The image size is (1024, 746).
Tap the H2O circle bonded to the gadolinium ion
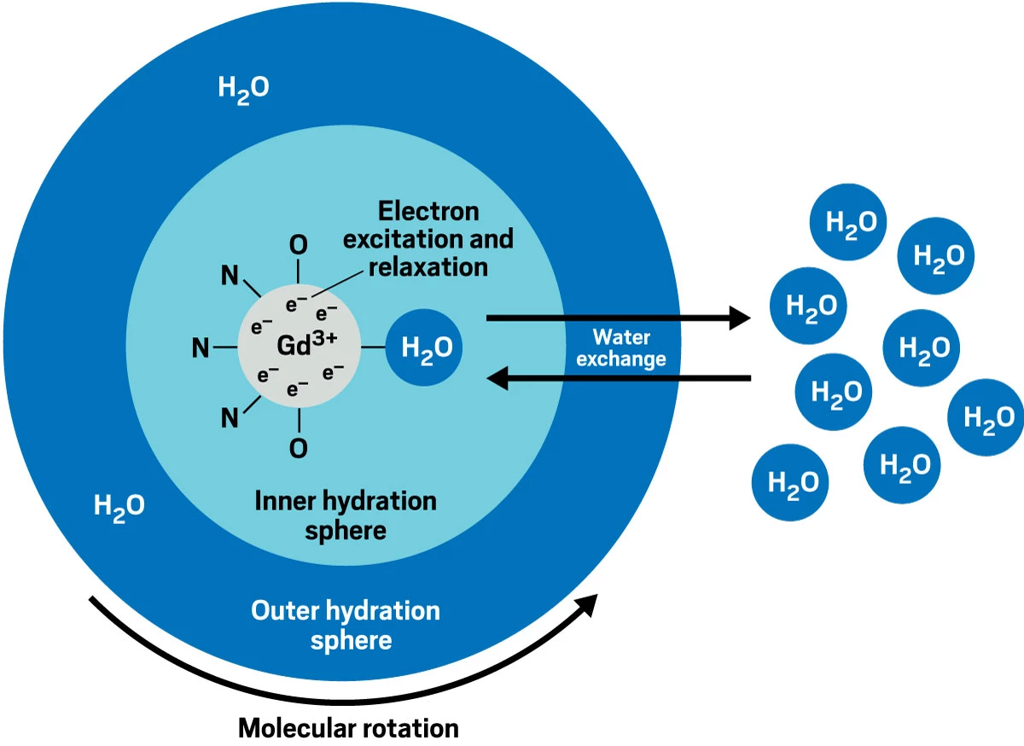coord(426,348)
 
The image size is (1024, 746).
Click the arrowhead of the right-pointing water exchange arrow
coord(739,319)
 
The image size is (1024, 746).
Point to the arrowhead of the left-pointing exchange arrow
coord(498,376)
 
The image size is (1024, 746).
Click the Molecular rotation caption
coord(348,728)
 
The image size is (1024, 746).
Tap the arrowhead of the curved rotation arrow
coord(587,605)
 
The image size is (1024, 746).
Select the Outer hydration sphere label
coord(346,625)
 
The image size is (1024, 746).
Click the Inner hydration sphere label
coord(345,515)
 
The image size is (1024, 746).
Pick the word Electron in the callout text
coord(428,211)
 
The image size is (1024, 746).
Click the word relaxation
coord(428,266)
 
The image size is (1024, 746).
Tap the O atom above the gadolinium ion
coord(298,245)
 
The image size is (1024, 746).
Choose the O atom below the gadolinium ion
coord(298,447)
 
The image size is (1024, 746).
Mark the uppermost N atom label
coord(228,275)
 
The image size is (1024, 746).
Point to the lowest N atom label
coord(228,418)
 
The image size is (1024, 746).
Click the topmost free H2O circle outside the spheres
coord(848,222)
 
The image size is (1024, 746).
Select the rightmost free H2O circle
coord(987,417)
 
